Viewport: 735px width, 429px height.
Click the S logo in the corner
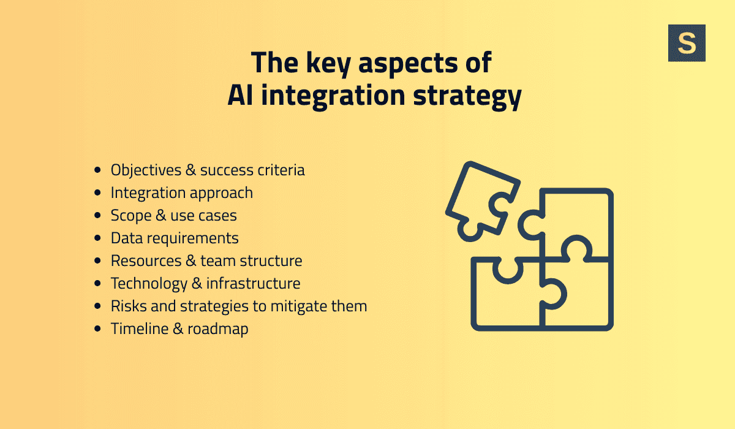coord(687,43)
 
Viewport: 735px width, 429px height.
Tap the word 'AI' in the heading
coord(243,96)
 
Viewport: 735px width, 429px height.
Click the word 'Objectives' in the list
coord(146,170)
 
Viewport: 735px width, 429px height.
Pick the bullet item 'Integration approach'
coord(181,192)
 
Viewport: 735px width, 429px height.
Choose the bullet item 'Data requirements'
coord(175,238)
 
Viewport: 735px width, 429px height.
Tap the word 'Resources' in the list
coord(146,260)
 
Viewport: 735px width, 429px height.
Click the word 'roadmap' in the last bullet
coord(217,328)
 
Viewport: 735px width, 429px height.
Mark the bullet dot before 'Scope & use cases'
coord(98,216)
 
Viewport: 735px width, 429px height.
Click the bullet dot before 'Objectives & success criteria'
coord(98,170)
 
